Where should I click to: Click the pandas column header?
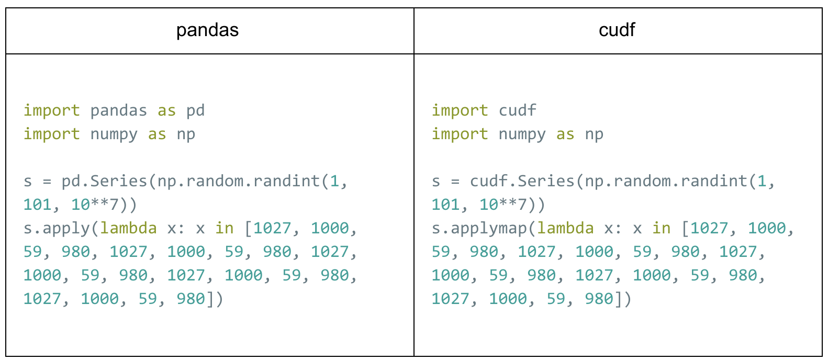207,30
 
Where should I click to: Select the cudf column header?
617,30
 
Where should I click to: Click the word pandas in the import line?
119,111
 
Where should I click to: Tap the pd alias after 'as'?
196,111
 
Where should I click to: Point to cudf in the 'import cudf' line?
518,110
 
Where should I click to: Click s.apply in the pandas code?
57,229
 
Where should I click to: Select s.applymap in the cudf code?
479,229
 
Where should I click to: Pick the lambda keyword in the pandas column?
129,228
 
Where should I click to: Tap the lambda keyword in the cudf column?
566,228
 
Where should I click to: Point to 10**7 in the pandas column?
95,205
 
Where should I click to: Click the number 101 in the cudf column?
446,205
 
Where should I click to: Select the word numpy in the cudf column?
522,134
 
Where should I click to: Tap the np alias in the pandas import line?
186,134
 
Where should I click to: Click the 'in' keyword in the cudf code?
661,228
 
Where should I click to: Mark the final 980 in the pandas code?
191,299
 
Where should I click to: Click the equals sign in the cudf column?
455,182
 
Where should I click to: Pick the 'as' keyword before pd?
166,111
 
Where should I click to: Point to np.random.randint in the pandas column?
239,181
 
